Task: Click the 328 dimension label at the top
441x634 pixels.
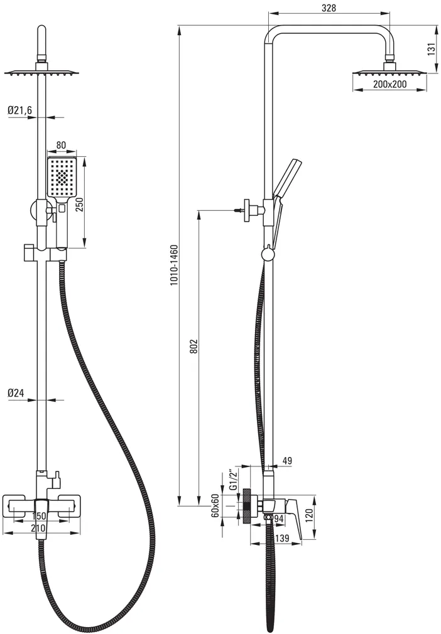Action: (329, 8)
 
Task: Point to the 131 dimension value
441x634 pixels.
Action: (432, 50)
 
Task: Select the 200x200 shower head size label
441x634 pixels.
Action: (389, 85)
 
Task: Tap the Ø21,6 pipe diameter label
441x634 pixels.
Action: (19, 110)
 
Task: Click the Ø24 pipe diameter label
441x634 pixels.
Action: (16, 392)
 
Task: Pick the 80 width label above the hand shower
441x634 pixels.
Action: (61, 146)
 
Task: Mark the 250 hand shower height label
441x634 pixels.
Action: (79, 205)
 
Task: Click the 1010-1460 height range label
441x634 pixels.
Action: (174, 266)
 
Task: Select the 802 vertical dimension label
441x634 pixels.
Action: (193, 347)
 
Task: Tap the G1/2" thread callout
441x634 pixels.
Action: (232, 480)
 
